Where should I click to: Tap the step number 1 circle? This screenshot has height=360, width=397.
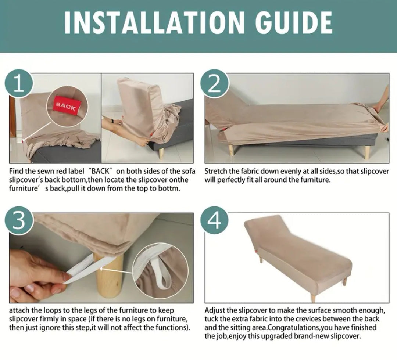(19, 83)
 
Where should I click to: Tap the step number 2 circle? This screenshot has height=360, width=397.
(214, 83)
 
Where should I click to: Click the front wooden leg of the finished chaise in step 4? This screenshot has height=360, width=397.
(314, 296)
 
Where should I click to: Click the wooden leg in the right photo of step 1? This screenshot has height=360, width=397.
(161, 154)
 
